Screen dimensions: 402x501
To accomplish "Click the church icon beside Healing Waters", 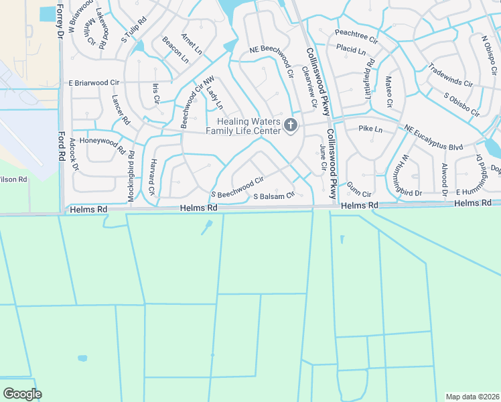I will click(x=291, y=125).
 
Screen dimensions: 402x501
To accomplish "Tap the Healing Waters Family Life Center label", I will click(x=250, y=125).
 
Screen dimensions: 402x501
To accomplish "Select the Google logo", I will click(x=22, y=394).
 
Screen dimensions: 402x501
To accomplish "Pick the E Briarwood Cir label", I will click(x=93, y=82).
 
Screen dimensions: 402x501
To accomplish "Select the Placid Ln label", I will click(x=351, y=50).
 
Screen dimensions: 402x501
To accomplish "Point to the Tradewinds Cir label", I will click(x=450, y=76).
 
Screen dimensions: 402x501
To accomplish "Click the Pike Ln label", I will click(x=370, y=128).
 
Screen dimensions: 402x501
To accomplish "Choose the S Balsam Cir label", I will click(x=274, y=196).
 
